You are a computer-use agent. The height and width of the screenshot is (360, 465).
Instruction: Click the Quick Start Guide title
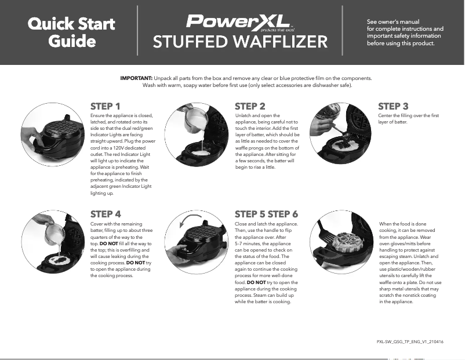click(72, 32)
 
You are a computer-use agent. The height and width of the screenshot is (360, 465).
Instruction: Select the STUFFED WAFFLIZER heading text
click(239, 42)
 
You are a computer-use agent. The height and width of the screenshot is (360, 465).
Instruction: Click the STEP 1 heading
click(106, 106)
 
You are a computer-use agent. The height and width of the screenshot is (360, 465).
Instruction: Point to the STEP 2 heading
click(250, 106)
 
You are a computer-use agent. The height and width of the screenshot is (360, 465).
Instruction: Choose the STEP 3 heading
click(393, 106)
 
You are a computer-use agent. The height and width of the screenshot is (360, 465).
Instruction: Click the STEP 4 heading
click(106, 214)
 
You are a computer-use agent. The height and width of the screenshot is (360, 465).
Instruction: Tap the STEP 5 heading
click(250, 214)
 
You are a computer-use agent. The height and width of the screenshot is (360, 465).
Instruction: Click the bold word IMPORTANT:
click(136, 77)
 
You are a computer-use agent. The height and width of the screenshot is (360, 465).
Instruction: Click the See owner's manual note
click(405, 32)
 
